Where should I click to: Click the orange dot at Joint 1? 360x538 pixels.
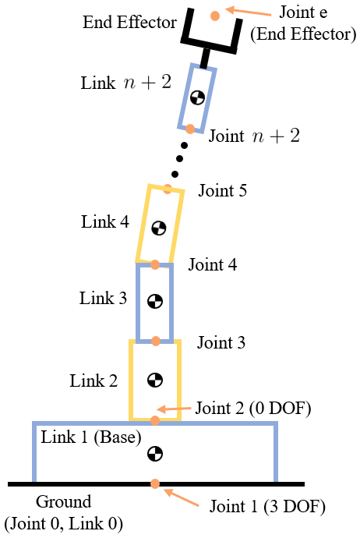click(156, 483)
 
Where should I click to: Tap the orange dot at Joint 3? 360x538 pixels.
click(156, 341)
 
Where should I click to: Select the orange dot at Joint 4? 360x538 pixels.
click(155, 265)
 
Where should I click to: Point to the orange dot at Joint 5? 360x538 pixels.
click(168, 189)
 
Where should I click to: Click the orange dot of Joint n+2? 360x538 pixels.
click(189, 129)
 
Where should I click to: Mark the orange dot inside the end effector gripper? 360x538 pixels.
click(214, 15)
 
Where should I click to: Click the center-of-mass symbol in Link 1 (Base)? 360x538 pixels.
click(156, 453)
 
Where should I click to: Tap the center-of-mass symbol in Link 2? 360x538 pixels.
click(156, 380)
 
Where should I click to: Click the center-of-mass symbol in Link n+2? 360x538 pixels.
click(198, 97)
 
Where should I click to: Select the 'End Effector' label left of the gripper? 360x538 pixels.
click(129, 22)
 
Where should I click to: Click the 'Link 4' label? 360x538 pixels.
click(104, 222)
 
